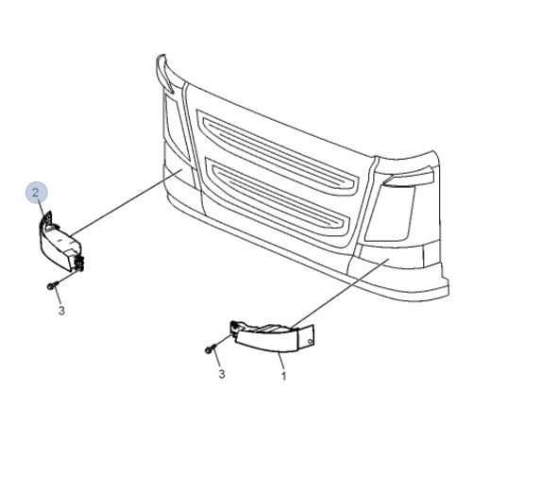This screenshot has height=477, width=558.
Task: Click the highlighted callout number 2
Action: coord(35,193)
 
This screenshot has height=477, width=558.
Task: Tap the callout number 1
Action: coord(283,376)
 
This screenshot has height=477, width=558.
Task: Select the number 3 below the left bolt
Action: coord(61,311)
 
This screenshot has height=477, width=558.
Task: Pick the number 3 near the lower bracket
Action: coord(221,374)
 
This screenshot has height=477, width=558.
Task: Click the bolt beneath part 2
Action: coord(50,286)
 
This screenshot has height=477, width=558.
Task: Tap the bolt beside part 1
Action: coord(210,349)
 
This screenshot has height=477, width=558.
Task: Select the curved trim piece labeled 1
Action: coord(272,335)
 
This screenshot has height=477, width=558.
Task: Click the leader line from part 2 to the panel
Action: coord(127,202)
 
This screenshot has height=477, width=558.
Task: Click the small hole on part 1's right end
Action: coord(310,342)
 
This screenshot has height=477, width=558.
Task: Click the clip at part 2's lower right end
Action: coord(79,263)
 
